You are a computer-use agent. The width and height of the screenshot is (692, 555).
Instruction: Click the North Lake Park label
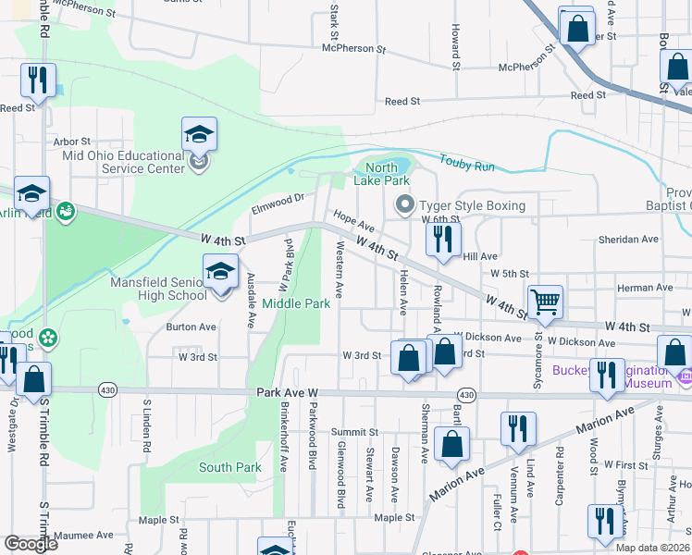(x=381, y=174)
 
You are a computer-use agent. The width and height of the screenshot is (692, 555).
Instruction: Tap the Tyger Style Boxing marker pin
(x=403, y=204)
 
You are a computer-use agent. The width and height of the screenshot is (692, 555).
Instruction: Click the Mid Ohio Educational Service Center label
(x=123, y=162)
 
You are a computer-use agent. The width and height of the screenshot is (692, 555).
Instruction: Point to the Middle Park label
(x=296, y=303)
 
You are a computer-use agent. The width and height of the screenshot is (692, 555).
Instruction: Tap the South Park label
(x=230, y=467)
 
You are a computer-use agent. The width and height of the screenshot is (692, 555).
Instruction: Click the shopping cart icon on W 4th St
(x=545, y=301)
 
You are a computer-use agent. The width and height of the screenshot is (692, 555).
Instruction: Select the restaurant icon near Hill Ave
(x=443, y=239)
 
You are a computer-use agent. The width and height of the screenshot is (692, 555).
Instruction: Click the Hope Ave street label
(x=352, y=221)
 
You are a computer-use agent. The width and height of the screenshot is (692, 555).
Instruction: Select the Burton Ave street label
(x=191, y=327)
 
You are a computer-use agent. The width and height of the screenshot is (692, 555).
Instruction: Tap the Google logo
(x=31, y=543)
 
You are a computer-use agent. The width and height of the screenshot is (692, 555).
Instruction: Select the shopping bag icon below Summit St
(x=452, y=444)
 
